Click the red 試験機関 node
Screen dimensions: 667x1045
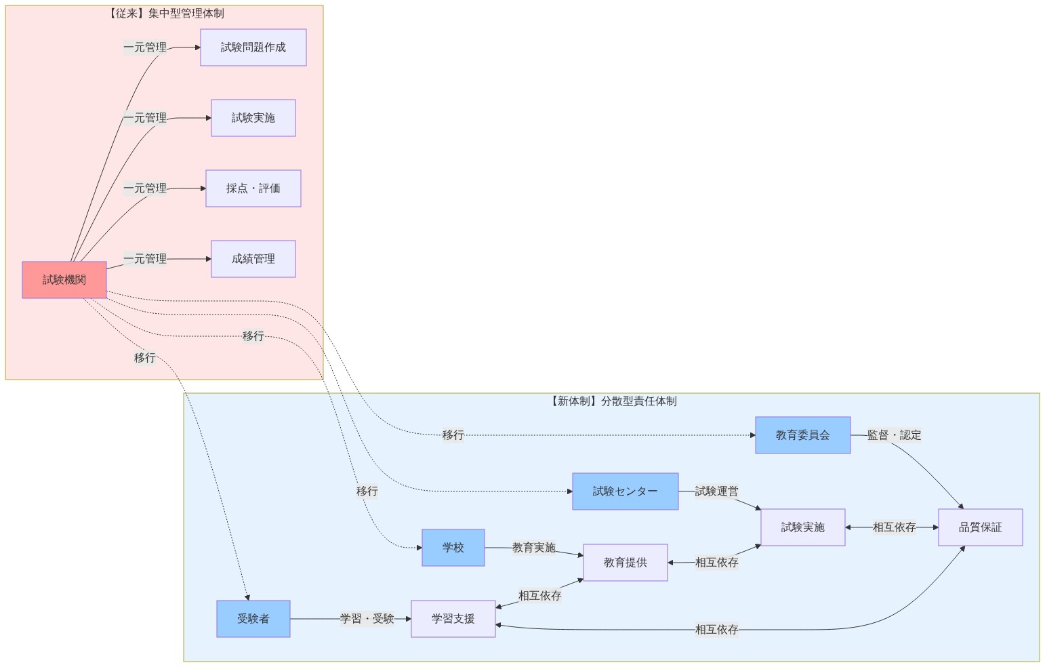coord(64,280)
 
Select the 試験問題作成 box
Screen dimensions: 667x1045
coord(253,47)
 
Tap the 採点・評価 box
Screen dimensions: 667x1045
coord(253,188)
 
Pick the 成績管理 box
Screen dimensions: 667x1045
coord(253,259)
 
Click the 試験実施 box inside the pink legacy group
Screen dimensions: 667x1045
coord(253,118)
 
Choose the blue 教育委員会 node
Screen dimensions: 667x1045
coord(802,435)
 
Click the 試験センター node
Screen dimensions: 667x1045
coord(625,491)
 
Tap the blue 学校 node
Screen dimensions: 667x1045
coord(453,548)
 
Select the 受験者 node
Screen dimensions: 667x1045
coord(253,619)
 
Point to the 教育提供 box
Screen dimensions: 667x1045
coord(625,563)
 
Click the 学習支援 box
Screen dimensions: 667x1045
coord(453,619)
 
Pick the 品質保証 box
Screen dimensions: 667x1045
coord(980,527)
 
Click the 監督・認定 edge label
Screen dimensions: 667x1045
coord(894,435)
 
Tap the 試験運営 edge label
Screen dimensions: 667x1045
coord(716,491)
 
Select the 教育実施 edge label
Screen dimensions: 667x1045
coord(533,548)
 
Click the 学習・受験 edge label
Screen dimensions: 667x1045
coord(367,619)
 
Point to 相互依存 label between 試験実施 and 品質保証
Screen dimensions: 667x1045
coord(894,527)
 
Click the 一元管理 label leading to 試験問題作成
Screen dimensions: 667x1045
coord(145,47)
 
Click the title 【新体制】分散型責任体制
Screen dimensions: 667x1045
coord(611,401)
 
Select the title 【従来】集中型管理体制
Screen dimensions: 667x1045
coord(164,14)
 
